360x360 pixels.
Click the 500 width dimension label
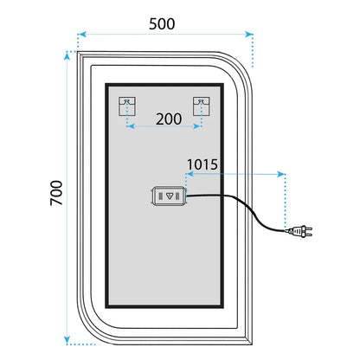click(162, 24)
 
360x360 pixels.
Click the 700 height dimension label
click(56, 193)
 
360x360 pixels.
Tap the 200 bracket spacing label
click(169, 119)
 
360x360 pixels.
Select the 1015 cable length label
click(202, 164)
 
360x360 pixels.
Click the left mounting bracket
click(127, 106)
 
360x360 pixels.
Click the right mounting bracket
click(201, 106)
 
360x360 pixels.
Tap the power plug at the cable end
click(300, 231)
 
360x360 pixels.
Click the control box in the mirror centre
click(170, 196)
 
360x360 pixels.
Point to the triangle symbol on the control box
click(170, 196)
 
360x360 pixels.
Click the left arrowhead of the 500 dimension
click(82, 35)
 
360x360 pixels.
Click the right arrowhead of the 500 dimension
click(249, 35)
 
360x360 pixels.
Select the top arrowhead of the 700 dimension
click(67, 56)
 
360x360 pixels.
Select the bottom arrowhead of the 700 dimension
click(67, 340)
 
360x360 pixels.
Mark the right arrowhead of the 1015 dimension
click(280, 174)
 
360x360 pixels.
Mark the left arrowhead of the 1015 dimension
click(190, 174)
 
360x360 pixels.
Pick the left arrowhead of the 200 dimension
click(132, 126)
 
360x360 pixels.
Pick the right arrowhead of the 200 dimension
click(196, 126)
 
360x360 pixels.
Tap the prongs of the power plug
click(309, 231)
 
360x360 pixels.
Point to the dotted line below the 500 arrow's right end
click(253, 51)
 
